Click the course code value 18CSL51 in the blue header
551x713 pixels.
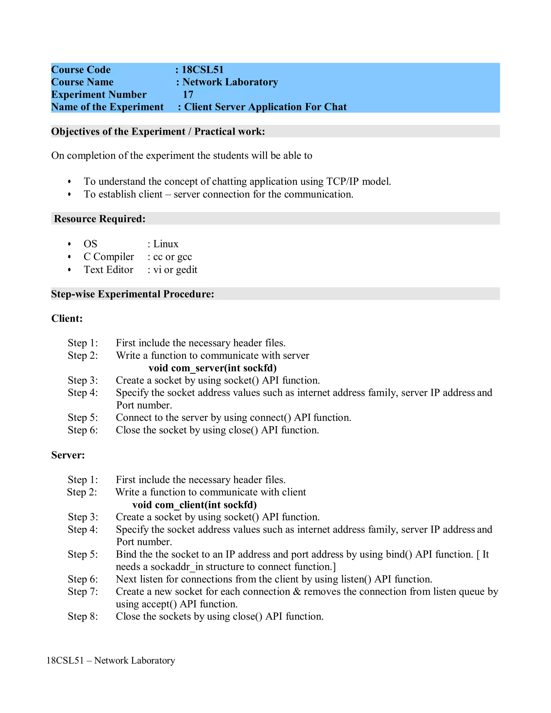tap(202, 69)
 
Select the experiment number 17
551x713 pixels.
tap(188, 94)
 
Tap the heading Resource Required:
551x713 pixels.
tap(100, 218)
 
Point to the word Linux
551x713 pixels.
tap(166, 244)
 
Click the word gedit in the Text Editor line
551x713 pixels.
tap(187, 270)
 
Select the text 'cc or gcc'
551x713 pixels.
tap(172, 257)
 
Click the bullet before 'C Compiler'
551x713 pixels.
tap(69, 257)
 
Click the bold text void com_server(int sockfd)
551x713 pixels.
tap(213, 368)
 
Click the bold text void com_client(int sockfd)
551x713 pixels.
tap(195, 505)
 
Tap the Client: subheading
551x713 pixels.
tap(67, 318)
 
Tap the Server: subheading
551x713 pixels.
tap(68, 455)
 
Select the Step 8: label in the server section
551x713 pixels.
tap(83, 616)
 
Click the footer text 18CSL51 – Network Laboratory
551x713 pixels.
tap(111, 660)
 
